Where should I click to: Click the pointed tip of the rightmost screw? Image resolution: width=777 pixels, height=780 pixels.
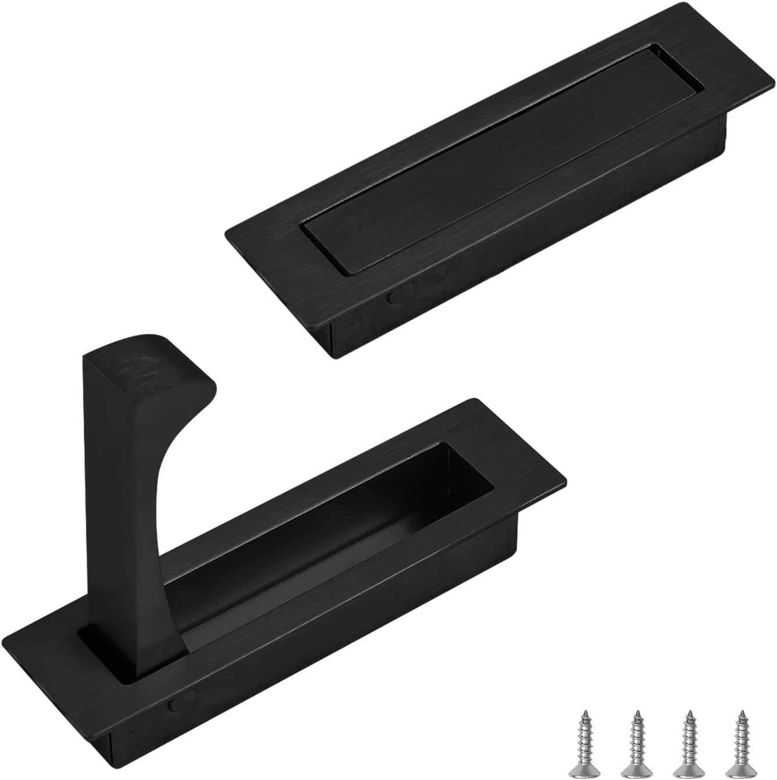point(742,710)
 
